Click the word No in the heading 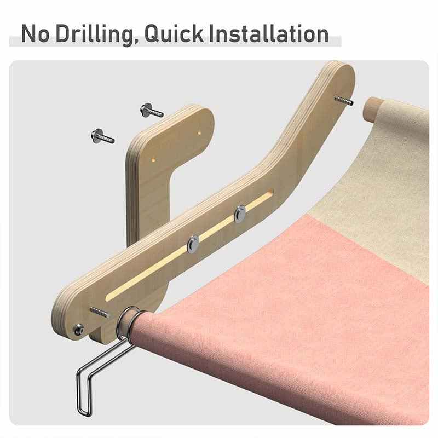(35, 33)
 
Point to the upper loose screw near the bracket (152, 111)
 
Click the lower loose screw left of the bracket (102, 136)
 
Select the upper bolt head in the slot (240, 214)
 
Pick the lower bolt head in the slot (193, 244)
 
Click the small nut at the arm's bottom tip (78, 330)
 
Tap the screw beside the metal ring (99, 312)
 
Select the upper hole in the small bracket (199, 132)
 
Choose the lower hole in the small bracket (153, 160)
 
